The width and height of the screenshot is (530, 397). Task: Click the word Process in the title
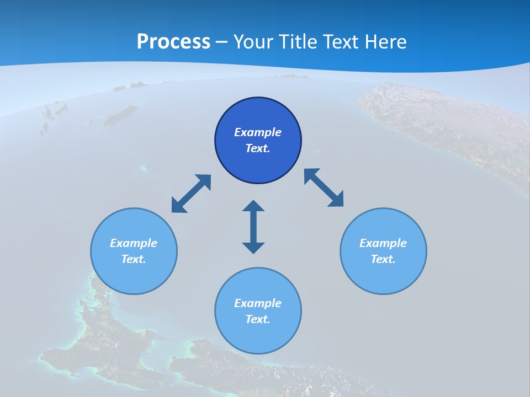[173, 42]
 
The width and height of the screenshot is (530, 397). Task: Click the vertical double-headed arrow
[253, 227]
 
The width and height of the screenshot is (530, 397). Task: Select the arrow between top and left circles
[192, 194]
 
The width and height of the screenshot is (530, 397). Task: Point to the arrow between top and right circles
[324, 188]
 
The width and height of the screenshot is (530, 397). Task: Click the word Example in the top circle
[258, 132]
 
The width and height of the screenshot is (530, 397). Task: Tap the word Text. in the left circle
[134, 259]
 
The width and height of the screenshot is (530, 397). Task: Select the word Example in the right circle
[383, 243]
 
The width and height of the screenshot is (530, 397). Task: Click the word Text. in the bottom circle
[258, 319]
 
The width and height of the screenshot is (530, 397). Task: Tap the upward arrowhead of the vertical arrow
[253, 207]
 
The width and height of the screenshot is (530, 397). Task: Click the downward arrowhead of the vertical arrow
[253, 246]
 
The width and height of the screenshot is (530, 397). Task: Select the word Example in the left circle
[134, 243]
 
